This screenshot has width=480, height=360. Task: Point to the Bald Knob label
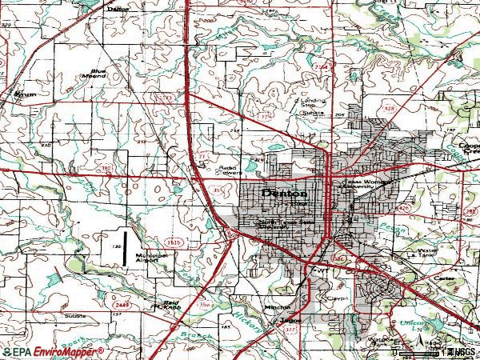point(166,306)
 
